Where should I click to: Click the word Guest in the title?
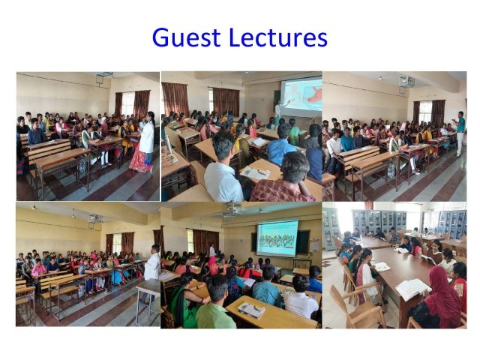point(186,37)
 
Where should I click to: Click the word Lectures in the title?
point(278,37)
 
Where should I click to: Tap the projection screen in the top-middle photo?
point(301,94)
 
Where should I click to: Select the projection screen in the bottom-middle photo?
point(277,238)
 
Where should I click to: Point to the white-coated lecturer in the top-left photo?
point(145,142)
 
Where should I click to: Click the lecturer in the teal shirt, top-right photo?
point(459,133)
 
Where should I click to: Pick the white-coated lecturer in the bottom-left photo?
point(152,269)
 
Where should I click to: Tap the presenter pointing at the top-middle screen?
point(278,109)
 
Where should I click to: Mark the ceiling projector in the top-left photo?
point(104,76)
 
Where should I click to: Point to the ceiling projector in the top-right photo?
point(406,81)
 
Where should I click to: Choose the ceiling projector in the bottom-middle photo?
point(232,209)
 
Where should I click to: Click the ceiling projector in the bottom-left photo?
point(95,220)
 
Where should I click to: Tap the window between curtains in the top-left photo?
point(128,104)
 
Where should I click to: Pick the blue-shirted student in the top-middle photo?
point(281,145)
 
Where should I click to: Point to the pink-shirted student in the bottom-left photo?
point(38,268)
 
